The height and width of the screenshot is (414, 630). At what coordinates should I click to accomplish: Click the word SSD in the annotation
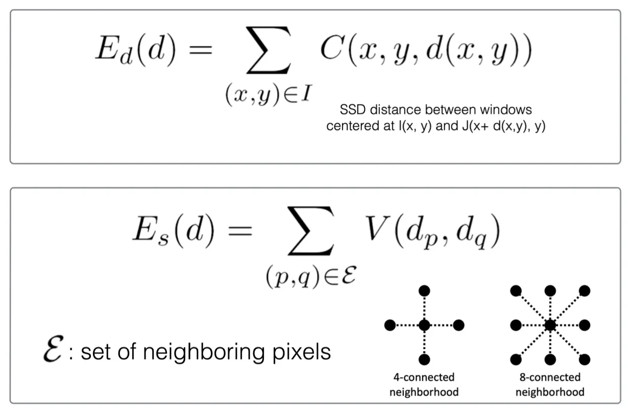point(350,109)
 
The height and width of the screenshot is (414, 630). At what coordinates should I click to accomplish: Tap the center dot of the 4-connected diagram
point(424,325)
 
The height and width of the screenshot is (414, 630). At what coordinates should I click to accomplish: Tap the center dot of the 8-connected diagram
point(550,325)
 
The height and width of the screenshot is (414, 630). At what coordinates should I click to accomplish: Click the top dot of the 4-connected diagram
point(424,290)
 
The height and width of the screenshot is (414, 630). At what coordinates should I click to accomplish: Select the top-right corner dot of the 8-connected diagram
point(585,290)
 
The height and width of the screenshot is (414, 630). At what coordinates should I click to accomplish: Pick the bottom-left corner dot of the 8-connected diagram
point(516,359)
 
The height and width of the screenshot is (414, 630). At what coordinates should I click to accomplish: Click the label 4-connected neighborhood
point(424,385)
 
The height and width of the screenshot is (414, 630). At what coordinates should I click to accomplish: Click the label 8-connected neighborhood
point(550,385)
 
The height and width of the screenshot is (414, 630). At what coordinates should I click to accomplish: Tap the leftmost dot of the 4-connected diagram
point(390,325)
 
